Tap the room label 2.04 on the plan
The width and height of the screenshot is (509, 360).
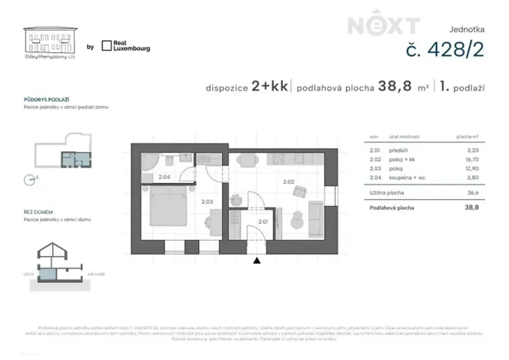(164, 177)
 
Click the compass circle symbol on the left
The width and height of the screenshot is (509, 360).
(29, 179)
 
